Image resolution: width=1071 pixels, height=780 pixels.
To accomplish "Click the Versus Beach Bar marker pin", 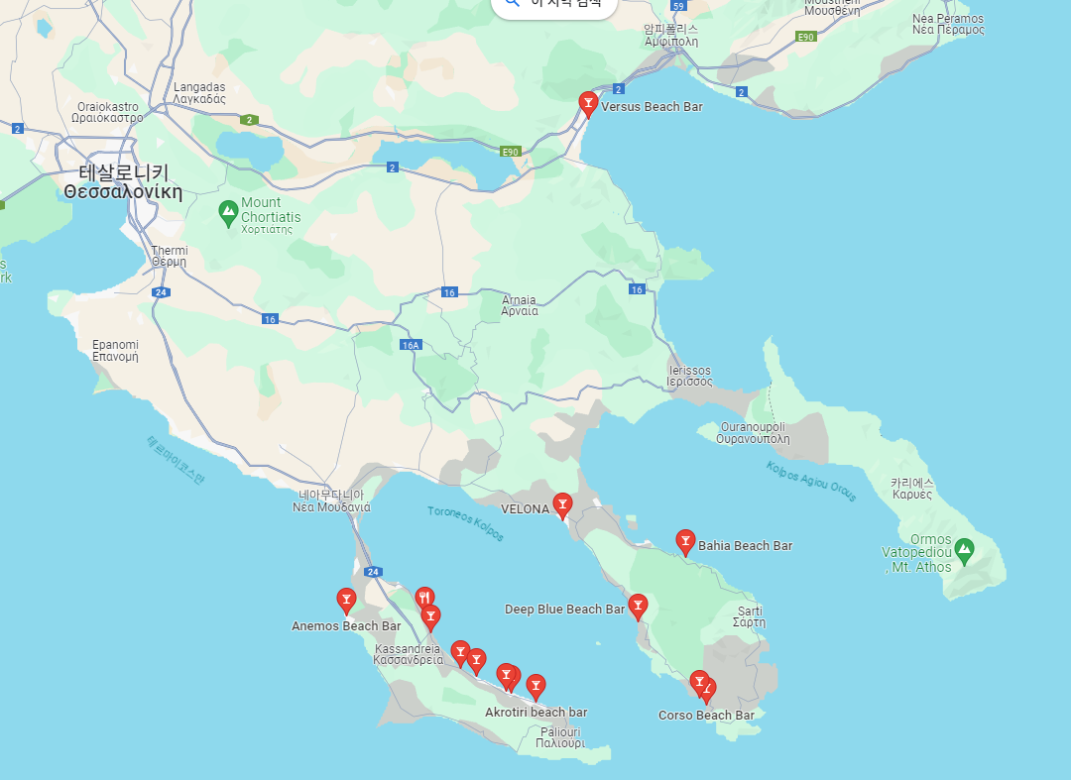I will pyautogui.click(x=588, y=102).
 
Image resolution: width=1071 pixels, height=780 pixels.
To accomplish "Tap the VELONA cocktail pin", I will pyautogui.click(x=562, y=504).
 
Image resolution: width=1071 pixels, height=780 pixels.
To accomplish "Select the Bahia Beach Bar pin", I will pyautogui.click(x=685, y=540).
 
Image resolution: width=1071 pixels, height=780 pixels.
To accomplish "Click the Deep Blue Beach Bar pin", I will pyautogui.click(x=638, y=605).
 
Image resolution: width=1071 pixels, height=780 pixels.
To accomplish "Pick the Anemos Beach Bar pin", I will pyautogui.click(x=346, y=599).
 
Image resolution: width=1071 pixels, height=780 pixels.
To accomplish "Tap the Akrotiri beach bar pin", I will pyautogui.click(x=535, y=685).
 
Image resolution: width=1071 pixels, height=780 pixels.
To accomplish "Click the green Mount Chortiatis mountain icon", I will pyautogui.click(x=229, y=210).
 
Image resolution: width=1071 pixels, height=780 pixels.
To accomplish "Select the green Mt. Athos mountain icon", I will pyautogui.click(x=963, y=548).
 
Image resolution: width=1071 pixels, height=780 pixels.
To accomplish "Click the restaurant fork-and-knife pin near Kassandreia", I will pyautogui.click(x=424, y=597).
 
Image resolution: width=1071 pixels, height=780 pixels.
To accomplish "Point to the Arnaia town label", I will pyautogui.click(x=520, y=305).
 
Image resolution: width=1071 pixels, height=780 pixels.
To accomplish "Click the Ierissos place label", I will pyautogui.click(x=689, y=376).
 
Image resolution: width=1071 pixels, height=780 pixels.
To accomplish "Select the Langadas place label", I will pyautogui.click(x=199, y=93).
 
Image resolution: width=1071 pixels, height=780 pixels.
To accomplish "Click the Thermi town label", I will pyautogui.click(x=169, y=256).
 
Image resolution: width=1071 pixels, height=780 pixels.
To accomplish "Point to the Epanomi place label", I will pyautogui.click(x=115, y=350).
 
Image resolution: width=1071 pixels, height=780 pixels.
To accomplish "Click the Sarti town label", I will pyautogui.click(x=749, y=616).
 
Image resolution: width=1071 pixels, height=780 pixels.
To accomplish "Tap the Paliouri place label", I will pyautogui.click(x=559, y=736).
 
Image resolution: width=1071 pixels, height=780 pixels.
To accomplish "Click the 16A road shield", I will pyautogui.click(x=412, y=344).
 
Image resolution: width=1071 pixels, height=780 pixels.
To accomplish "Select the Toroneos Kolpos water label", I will pyautogui.click(x=465, y=523).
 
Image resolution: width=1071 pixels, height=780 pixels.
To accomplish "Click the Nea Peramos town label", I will pyautogui.click(x=948, y=24).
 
